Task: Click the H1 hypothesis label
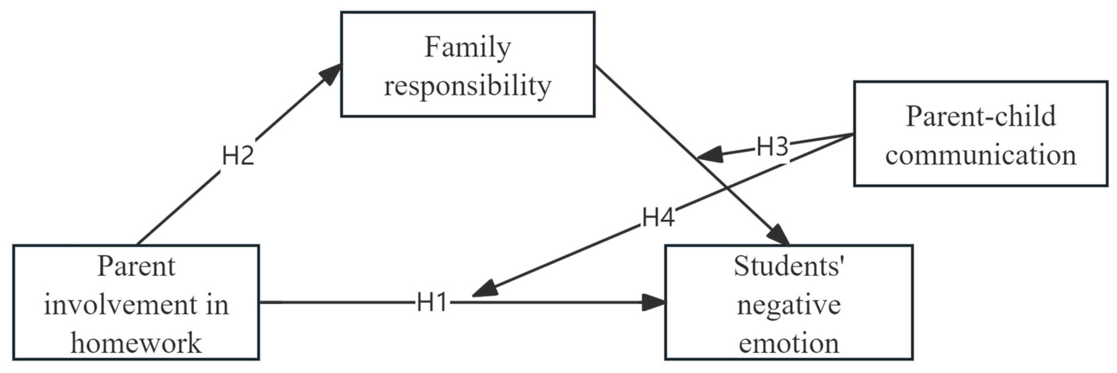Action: pyautogui.click(x=431, y=302)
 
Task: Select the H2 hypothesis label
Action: pyautogui.click(x=238, y=156)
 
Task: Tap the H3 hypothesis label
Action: pyautogui.click(x=772, y=147)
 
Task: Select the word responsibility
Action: pyautogui.click(x=468, y=86)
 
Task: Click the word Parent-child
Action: pyautogui.click(x=981, y=116)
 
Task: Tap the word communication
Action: pyautogui.click(x=981, y=155)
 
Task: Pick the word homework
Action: pyautogui.click(x=136, y=343)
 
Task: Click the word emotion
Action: pyautogui.click(x=789, y=343)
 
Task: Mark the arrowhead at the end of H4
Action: pyautogui.click(x=483, y=289)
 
